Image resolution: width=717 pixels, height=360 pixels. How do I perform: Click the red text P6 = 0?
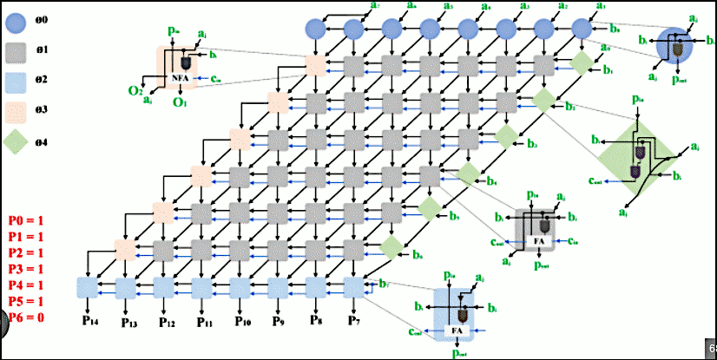point(26,317)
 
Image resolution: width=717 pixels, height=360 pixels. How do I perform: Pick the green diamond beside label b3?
point(506,136)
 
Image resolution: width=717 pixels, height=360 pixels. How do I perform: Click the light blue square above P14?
point(88,286)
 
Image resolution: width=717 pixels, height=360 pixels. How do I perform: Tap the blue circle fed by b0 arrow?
point(582,29)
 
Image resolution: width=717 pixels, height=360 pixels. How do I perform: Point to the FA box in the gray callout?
point(539,239)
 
